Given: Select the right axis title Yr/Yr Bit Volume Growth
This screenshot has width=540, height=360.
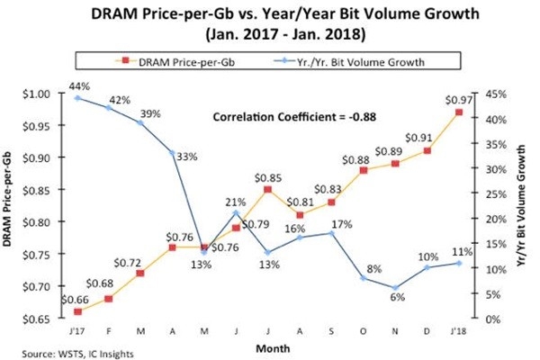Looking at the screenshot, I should (x=525, y=205).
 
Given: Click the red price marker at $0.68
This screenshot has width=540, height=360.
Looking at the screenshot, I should (x=109, y=298).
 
